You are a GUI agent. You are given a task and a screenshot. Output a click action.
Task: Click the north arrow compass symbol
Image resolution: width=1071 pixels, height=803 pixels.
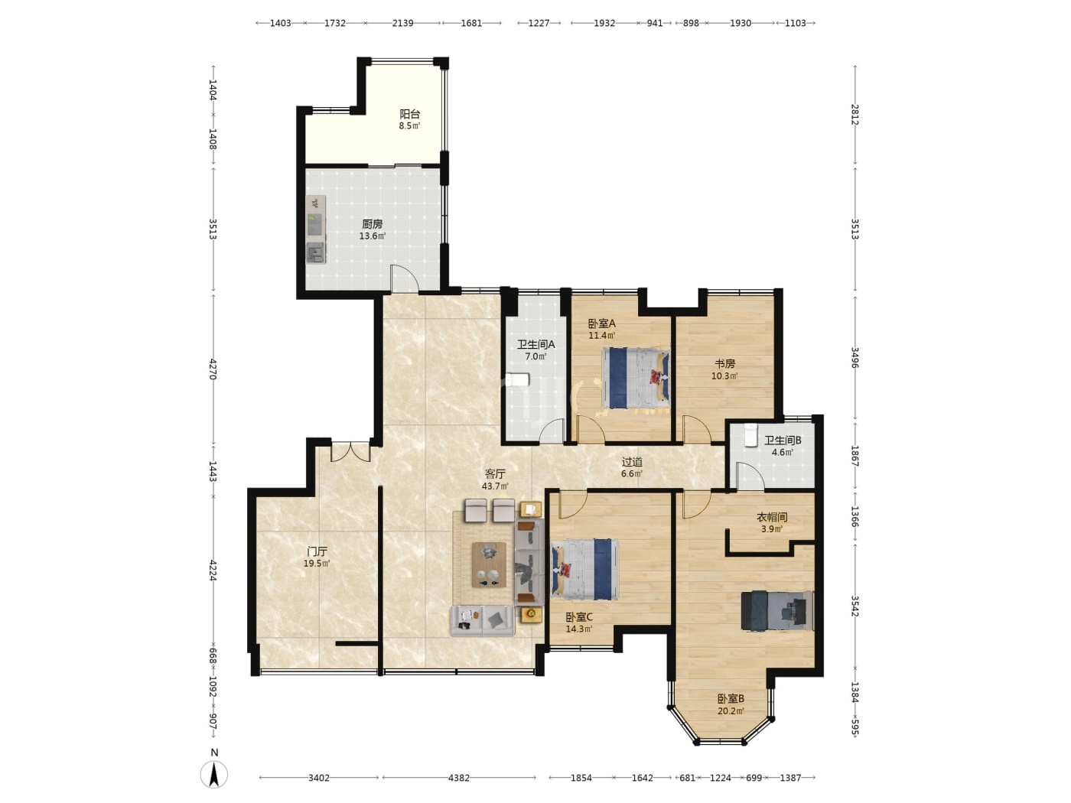pyautogui.click(x=213, y=773)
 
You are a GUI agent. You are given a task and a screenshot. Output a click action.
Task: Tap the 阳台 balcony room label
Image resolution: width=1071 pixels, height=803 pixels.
pyautogui.click(x=409, y=114)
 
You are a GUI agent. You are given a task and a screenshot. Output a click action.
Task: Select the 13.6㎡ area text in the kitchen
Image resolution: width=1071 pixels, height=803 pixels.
pyautogui.click(x=373, y=236)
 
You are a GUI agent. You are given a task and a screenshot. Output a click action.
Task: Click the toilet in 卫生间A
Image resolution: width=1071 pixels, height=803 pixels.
pyautogui.click(x=517, y=379)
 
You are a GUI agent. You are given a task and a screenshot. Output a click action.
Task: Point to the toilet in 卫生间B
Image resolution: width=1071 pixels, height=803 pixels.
pyautogui.click(x=750, y=435)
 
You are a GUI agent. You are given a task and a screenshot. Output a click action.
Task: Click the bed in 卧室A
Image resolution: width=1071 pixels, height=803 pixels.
pyautogui.click(x=636, y=378)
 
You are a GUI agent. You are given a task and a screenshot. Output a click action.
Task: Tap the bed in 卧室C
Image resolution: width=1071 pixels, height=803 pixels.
pyautogui.click(x=584, y=569)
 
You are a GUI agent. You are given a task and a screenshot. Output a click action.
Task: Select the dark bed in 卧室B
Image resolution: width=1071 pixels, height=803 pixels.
pyautogui.click(x=777, y=611)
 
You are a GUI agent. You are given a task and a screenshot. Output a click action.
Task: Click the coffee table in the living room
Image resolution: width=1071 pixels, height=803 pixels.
pyautogui.click(x=488, y=564)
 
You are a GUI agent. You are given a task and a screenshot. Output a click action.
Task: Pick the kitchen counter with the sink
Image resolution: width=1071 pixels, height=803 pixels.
pyautogui.click(x=316, y=229)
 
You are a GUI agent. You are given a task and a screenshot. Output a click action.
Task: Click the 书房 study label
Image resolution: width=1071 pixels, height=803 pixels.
pyautogui.click(x=724, y=364)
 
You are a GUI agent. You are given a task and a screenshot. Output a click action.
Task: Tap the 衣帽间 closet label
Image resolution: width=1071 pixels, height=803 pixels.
pyautogui.click(x=772, y=517)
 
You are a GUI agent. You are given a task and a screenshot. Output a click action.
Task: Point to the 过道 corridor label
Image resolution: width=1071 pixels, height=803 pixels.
pyautogui.click(x=632, y=461)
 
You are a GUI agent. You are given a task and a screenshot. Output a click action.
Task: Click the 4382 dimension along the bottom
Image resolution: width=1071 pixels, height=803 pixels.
pyautogui.click(x=459, y=778)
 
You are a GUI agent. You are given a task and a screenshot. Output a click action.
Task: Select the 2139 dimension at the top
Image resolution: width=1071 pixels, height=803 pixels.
pyautogui.click(x=403, y=23)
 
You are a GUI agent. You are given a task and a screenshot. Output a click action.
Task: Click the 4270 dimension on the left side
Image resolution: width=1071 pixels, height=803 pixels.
pyautogui.click(x=213, y=369)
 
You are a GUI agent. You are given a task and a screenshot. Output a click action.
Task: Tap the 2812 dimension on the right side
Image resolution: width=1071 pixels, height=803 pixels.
pyautogui.click(x=855, y=115)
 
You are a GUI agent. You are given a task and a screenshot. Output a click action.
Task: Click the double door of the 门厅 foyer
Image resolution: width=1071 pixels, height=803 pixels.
pyautogui.click(x=351, y=451)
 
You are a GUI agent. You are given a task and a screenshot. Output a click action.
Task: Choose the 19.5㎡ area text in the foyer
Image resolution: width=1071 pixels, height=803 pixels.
pyautogui.click(x=317, y=564)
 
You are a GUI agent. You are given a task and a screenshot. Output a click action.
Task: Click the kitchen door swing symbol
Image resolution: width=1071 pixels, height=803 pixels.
pyautogui.click(x=405, y=278)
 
